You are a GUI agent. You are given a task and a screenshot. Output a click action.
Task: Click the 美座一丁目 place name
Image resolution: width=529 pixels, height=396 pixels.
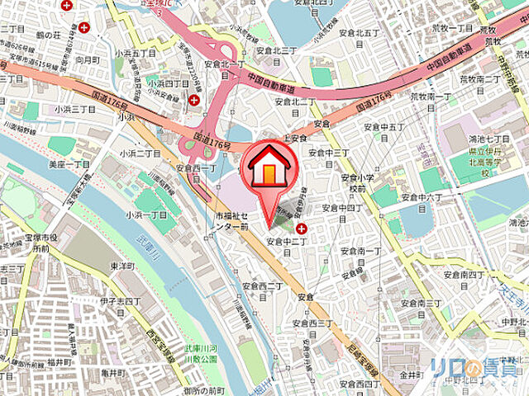69,165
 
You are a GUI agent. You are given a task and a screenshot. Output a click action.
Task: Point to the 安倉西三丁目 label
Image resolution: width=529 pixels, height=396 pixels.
312,323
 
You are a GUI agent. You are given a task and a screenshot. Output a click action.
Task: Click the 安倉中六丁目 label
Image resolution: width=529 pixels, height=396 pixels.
422,197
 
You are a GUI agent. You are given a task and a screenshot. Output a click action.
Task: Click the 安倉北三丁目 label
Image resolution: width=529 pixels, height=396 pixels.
276,49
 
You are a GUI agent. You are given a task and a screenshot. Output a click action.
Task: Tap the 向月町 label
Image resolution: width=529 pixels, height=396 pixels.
87,60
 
